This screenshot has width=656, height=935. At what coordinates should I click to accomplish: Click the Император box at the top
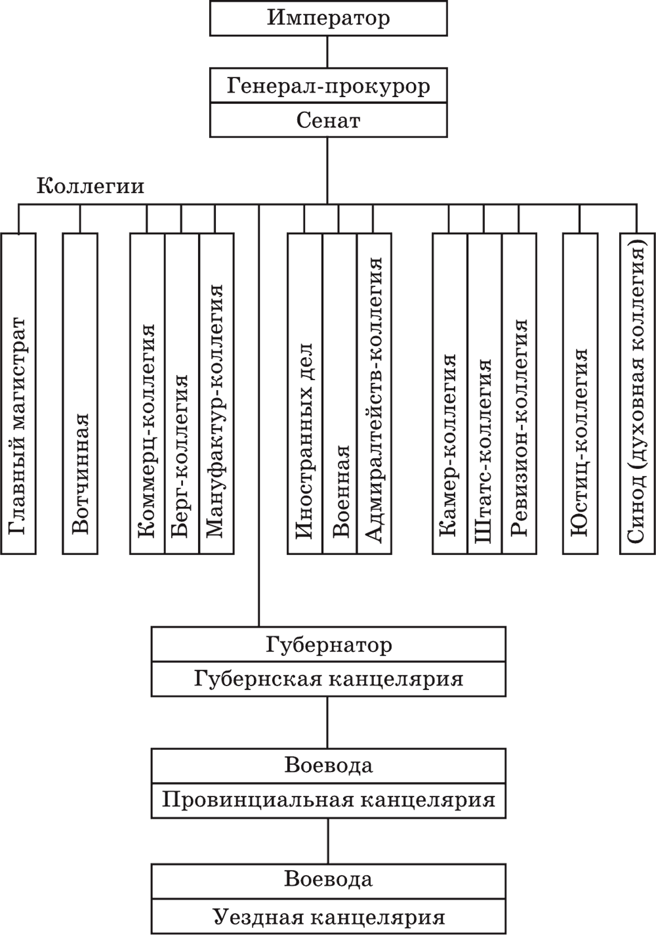328,18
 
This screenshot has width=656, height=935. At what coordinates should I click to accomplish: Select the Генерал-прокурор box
328,85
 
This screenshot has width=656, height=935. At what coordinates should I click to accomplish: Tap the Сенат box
328,120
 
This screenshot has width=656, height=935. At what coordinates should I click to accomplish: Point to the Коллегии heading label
91,186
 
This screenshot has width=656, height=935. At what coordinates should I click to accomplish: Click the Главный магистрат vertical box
18,393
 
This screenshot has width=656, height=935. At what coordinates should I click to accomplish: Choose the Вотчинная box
80,393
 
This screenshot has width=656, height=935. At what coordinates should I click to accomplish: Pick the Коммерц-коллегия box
147,393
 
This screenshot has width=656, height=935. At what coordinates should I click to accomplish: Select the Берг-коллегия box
182,393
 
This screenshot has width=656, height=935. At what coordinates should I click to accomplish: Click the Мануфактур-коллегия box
216,393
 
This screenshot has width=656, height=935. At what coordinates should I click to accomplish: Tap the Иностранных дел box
305,393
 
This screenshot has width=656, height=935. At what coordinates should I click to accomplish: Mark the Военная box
339,393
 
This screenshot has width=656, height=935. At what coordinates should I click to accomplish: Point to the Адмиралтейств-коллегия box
374,393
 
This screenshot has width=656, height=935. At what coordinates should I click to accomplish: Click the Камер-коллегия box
450,393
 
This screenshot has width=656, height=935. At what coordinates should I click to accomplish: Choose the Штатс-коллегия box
485,393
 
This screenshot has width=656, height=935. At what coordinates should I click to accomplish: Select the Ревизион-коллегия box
519,393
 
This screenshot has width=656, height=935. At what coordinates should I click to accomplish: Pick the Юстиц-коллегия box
580,393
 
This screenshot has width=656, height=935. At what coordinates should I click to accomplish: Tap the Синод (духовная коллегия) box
637,393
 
